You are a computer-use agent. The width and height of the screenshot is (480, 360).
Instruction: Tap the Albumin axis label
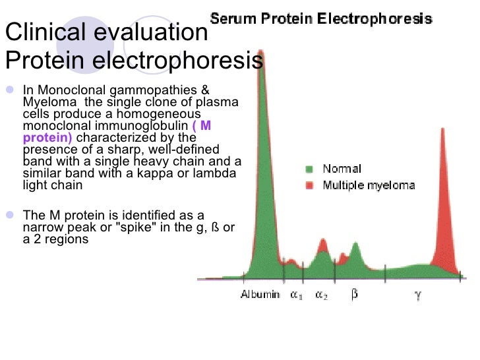coord(260,295)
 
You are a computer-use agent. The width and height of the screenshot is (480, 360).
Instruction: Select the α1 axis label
coord(296,295)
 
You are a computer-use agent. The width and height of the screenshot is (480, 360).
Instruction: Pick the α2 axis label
coord(321,295)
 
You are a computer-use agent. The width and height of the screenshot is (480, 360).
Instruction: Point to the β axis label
coord(355,295)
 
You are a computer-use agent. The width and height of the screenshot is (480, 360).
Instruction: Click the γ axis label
coord(417,295)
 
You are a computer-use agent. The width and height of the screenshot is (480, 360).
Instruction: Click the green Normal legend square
coord(310,169)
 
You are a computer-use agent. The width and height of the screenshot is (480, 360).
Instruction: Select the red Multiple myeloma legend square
coord(310,185)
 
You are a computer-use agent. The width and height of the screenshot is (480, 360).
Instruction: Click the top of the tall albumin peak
coord(261,53)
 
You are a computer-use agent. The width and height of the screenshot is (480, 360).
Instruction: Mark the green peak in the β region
coord(356,247)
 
